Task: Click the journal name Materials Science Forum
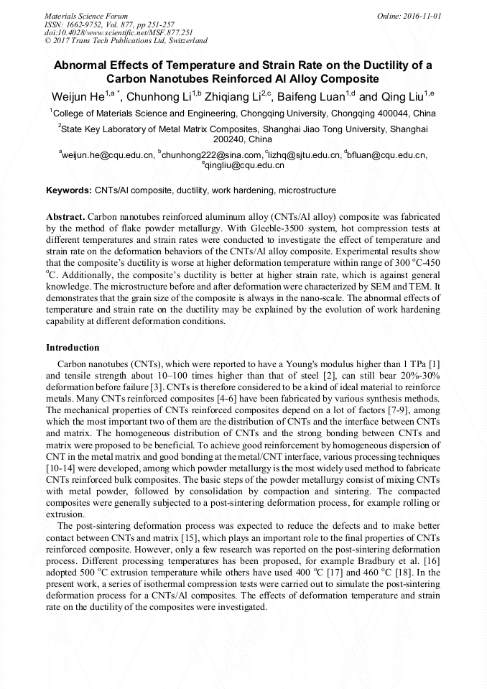point(86,15)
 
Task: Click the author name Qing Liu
point(401,97)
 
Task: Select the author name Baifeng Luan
point(312,97)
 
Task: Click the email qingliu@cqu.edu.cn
point(245,165)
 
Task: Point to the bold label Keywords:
point(69,191)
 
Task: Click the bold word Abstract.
point(66,216)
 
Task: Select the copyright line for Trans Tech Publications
point(126,41)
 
